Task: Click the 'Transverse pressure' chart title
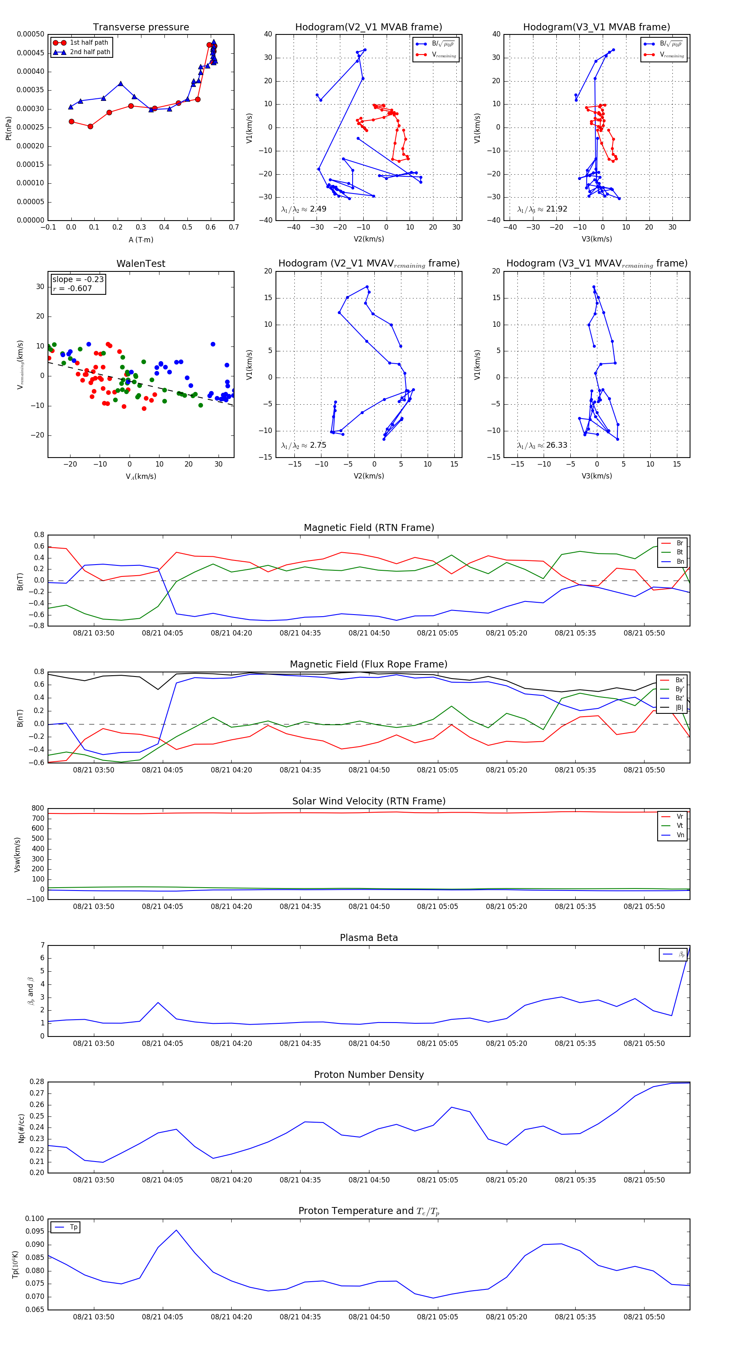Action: [x=141, y=27]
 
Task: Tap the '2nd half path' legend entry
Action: [x=90, y=52]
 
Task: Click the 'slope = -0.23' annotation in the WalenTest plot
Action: [x=78, y=280]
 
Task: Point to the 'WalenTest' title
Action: [x=141, y=264]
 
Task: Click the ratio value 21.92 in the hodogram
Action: [x=556, y=209]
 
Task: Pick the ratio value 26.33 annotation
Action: [x=556, y=445]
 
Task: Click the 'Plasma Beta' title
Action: [x=369, y=938]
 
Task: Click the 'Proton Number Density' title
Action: [x=369, y=1075]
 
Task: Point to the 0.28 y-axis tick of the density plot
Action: [x=37, y=1082]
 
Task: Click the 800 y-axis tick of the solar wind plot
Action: [x=38, y=809]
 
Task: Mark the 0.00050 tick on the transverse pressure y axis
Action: [x=30, y=34]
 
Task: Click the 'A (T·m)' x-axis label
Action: [x=141, y=239]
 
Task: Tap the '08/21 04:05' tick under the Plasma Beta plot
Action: [x=162, y=1043]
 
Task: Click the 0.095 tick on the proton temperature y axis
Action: [x=35, y=1231]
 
